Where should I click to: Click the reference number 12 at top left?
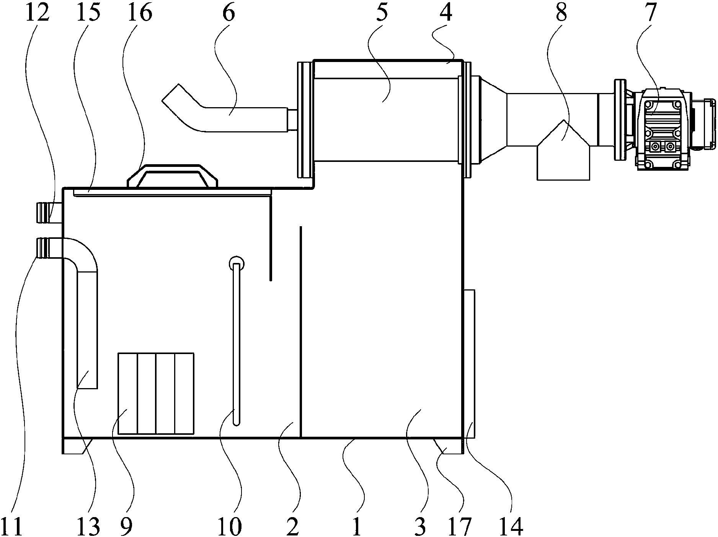click(38, 13)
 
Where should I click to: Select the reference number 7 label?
click(651, 13)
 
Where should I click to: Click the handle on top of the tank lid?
click(172, 176)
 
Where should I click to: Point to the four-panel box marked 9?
click(156, 393)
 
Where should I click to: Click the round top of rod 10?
click(236, 263)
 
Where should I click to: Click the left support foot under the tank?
click(76, 446)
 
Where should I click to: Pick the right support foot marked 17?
click(448, 446)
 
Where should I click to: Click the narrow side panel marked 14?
click(469, 364)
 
